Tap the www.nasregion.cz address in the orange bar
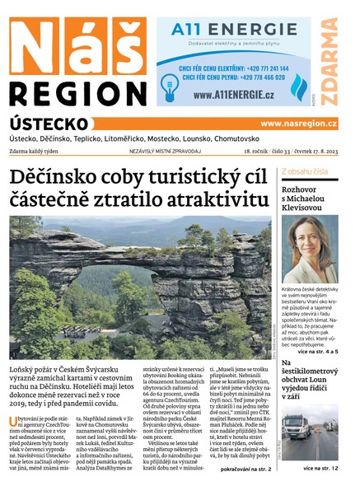tap(297, 124)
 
